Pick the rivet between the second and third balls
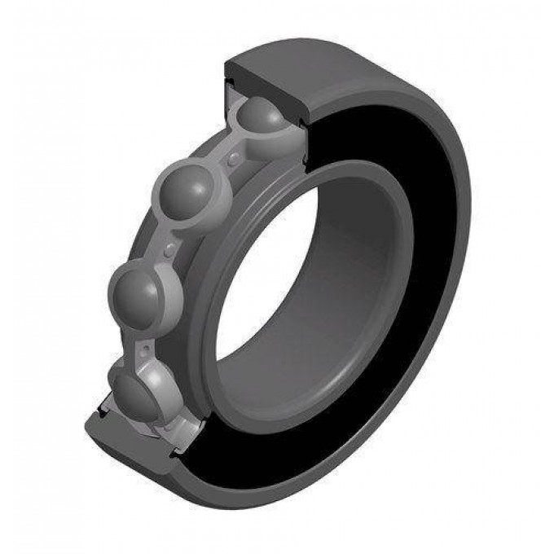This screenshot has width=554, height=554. click(169, 245)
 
